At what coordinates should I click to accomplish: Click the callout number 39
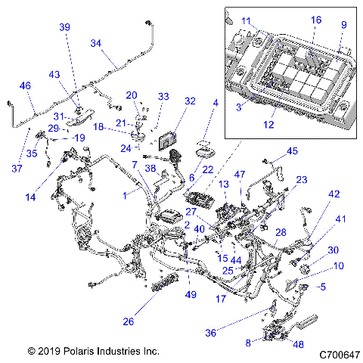(x=64, y=26)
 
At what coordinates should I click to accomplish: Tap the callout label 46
(x=26, y=86)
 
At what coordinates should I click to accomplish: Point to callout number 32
(x=189, y=101)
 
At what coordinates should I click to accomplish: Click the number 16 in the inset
(x=315, y=20)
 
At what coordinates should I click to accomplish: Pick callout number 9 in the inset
(x=344, y=25)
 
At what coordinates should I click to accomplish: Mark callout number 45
(x=292, y=150)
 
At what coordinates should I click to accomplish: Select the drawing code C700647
(x=340, y=353)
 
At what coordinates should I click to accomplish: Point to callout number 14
(x=30, y=197)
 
